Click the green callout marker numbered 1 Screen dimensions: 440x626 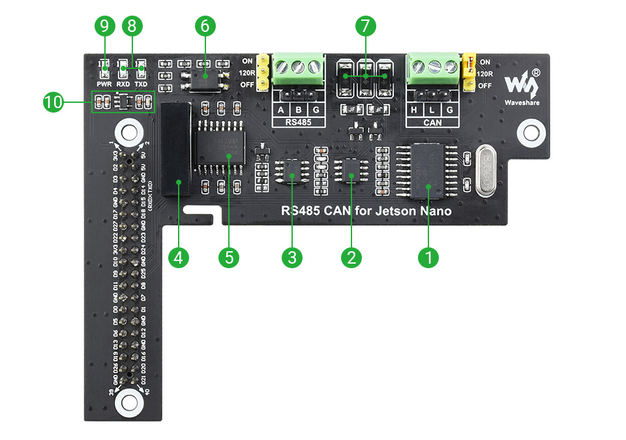point(428,257)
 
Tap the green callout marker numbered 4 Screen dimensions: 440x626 point(178,257)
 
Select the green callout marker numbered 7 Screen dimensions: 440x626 point(365,27)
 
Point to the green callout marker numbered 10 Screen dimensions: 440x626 point(53,102)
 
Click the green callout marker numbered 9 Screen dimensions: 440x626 point(104,27)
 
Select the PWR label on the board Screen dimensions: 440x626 point(104,85)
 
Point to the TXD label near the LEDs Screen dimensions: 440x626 point(141,85)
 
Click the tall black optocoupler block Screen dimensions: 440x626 point(176,149)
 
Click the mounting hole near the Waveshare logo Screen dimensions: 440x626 point(529,133)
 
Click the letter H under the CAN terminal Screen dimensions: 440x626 point(414,109)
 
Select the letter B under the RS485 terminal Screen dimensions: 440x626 point(299,109)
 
